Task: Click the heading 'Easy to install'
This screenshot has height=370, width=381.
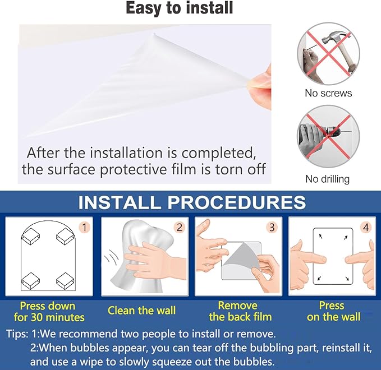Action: tap(180, 8)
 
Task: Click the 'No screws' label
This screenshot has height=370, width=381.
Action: tap(328, 93)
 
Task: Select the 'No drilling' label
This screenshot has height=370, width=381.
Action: tap(327, 179)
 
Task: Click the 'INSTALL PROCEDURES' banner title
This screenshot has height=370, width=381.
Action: tap(192, 202)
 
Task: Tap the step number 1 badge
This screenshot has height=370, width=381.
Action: tap(84, 228)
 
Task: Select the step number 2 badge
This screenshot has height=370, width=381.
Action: tap(180, 228)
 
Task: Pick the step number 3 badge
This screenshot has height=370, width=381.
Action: tap(272, 228)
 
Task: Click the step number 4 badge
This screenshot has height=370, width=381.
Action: tap(366, 228)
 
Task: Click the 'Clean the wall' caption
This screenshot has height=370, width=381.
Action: tap(141, 311)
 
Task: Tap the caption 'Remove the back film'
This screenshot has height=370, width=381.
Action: tap(240, 311)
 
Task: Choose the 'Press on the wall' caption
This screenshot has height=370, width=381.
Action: tap(333, 311)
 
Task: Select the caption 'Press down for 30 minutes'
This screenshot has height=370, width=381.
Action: tap(49, 312)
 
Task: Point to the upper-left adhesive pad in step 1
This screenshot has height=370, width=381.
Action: tap(31, 236)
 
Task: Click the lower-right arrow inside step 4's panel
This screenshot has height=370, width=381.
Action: tap(347, 278)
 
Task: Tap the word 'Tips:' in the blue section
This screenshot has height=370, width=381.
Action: tap(17, 334)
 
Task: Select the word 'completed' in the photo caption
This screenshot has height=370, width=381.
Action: tap(218, 154)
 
